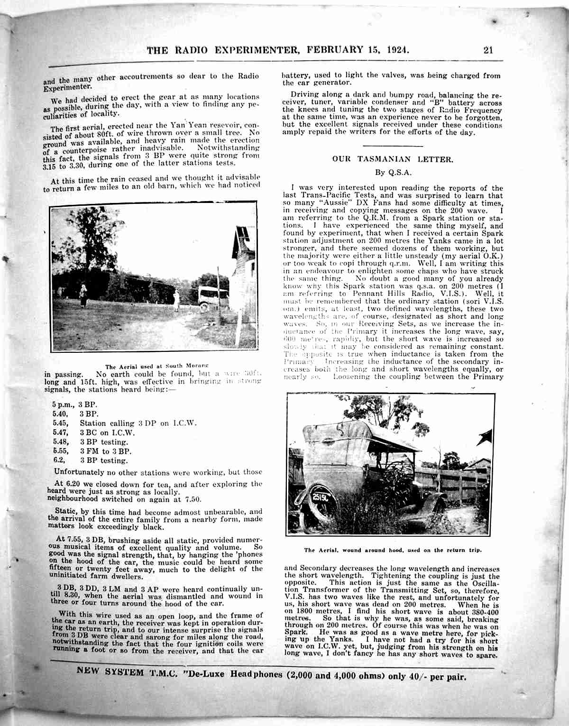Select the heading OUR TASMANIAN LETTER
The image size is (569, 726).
tap(393, 159)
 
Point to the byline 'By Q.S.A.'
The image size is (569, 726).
tap(393, 173)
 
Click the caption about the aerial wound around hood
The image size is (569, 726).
tap(393, 550)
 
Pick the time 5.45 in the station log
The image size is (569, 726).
tap(60, 423)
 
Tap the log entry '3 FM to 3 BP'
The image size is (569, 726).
tap(105, 451)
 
